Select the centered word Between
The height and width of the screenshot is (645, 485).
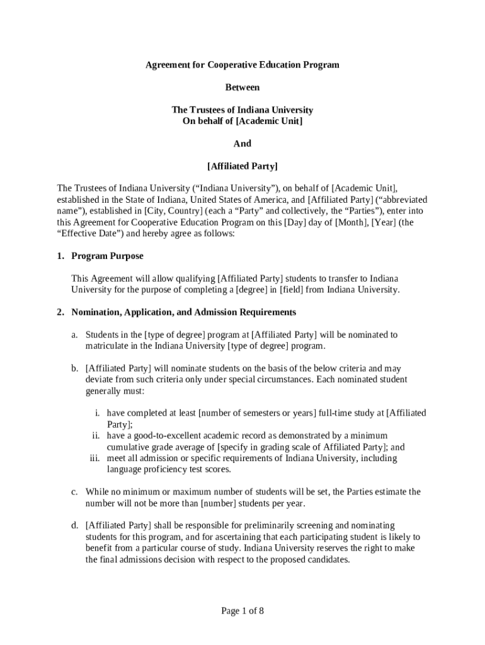point(243,87)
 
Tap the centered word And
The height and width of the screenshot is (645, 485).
point(243,144)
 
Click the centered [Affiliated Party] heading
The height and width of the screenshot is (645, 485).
point(243,166)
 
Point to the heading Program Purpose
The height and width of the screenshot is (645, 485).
point(108,256)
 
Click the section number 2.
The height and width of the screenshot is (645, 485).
point(60,312)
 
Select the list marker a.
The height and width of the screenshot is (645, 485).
point(74,334)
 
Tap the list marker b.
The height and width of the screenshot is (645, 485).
point(74,368)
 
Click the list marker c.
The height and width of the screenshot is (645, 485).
point(74,491)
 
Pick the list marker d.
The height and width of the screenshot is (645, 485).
point(74,525)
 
